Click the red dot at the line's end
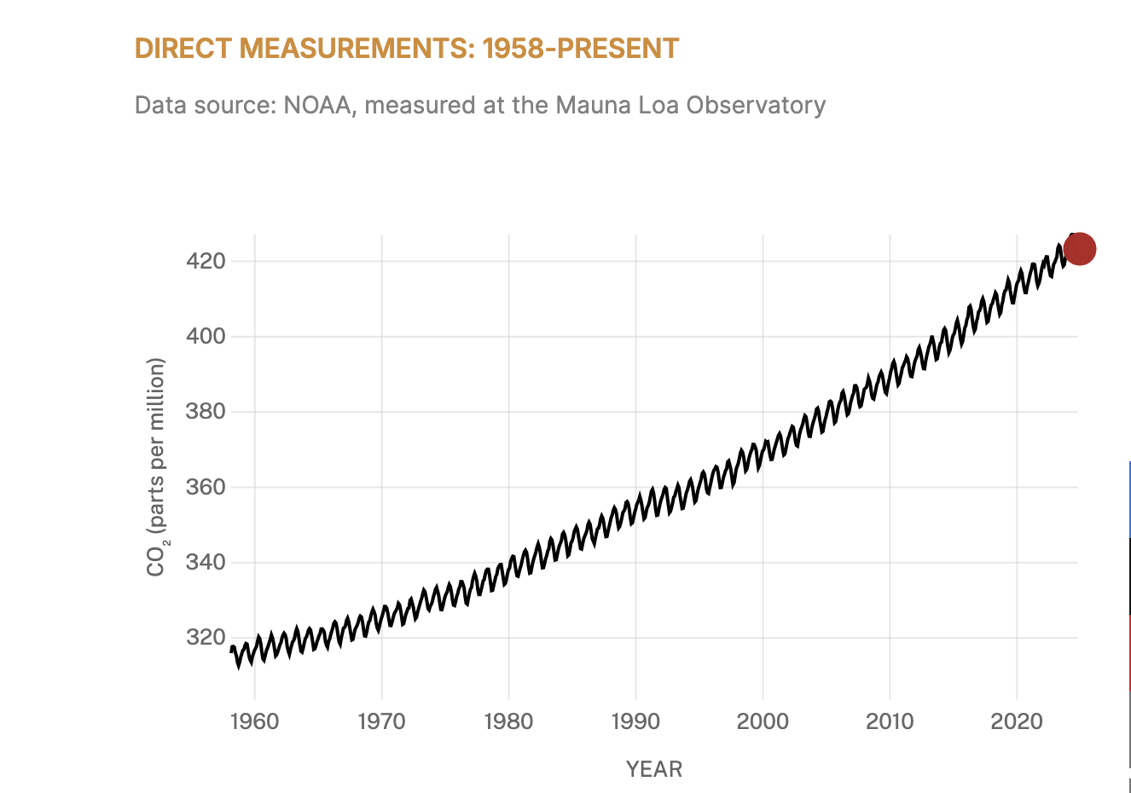[1079, 249]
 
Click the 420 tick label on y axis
[206, 261]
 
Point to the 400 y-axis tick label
[206, 336]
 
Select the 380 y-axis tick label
[206, 412]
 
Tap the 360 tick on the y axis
[206, 487]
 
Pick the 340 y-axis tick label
[206, 563]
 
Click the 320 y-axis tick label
[206, 638]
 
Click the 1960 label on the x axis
[254, 721]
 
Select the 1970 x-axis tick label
[381, 721]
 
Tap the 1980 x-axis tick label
[508, 721]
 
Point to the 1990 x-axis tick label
[635, 721]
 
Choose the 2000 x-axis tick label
[763, 721]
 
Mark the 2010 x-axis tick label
[890, 721]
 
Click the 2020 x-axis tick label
[1017, 721]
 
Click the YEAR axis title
[654, 769]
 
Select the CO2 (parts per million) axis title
[156, 467]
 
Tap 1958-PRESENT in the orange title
[581, 49]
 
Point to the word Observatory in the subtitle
[756, 105]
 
